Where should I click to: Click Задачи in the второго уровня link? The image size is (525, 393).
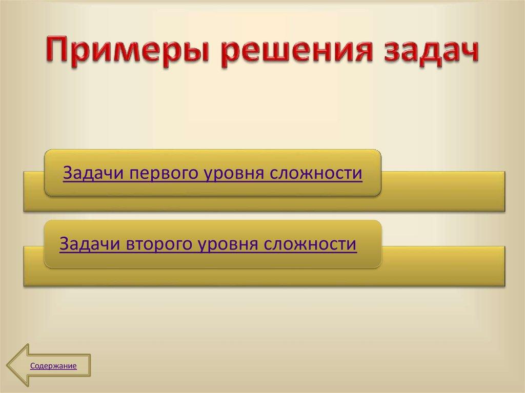pyautogui.click(x=90, y=243)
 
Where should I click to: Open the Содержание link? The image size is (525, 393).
pyautogui.click(x=53, y=366)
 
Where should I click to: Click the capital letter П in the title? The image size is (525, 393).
pyautogui.click(x=57, y=51)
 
